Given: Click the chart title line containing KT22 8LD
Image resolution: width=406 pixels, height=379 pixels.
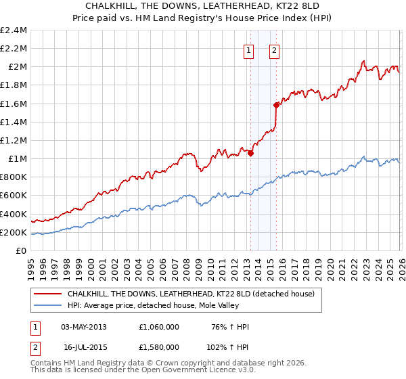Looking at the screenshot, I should (x=203, y=6).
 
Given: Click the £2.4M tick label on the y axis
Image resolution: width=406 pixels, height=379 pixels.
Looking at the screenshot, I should (x=14, y=30).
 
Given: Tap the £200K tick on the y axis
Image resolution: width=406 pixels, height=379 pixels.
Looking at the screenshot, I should (x=14, y=233).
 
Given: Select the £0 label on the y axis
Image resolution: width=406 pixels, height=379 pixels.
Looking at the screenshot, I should (x=21, y=251).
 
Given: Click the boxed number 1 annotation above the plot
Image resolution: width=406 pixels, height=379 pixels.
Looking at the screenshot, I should (x=249, y=49).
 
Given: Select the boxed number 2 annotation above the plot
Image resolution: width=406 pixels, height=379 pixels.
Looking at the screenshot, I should (x=275, y=49).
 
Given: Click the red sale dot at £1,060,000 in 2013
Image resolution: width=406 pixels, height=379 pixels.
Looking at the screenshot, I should (x=250, y=153).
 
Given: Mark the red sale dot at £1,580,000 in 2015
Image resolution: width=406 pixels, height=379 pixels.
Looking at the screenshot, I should (x=276, y=105).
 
